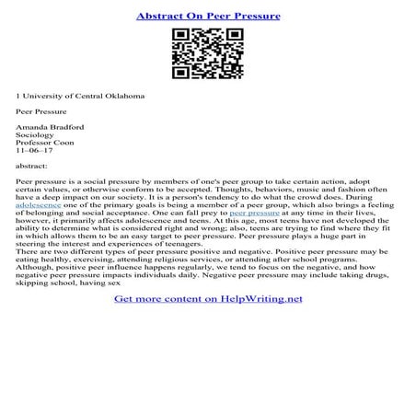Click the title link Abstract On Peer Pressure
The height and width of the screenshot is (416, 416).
207,17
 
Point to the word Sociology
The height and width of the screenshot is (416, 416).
36,134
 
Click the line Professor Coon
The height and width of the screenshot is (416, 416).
45,144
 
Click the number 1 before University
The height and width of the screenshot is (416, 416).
18,96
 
